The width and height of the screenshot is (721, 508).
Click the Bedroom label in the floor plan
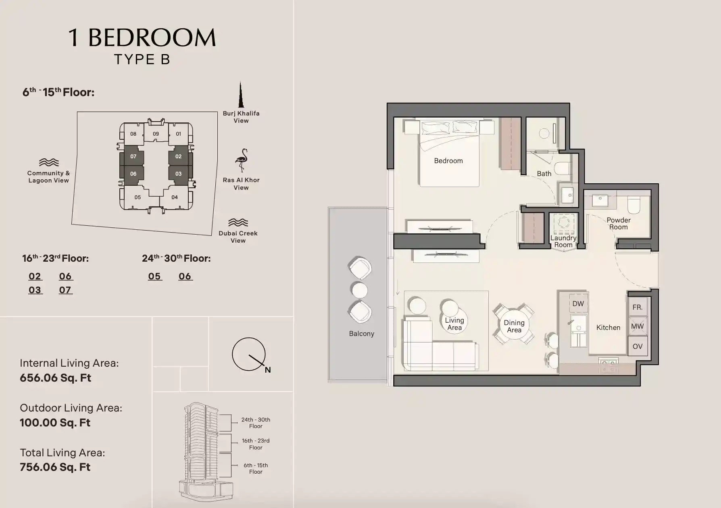(448, 161)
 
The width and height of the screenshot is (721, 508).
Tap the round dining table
(514, 326)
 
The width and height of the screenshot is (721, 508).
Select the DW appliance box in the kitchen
(578, 304)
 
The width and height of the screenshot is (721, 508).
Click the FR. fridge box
(638, 307)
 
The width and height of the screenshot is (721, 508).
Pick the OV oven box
(638, 346)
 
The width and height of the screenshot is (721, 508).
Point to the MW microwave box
(638, 326)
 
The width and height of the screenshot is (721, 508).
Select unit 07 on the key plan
(133, 156)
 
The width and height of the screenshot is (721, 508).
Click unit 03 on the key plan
(178, 174)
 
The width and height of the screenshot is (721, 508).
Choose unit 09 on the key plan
(156, 134)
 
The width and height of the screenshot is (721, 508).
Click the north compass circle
(248, 354)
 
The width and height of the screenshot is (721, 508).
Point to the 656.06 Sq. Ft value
(56, 378)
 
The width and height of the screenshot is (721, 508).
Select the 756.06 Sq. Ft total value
(55, 467)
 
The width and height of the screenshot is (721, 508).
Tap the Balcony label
(361, 334)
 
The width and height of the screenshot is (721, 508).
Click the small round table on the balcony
(359, 290)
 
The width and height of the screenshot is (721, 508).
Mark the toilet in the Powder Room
(634, 205)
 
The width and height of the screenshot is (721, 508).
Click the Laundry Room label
(563, 241)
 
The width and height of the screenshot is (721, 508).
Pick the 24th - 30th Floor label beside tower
(256, 423)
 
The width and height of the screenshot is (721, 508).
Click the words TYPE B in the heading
(142, 59)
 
